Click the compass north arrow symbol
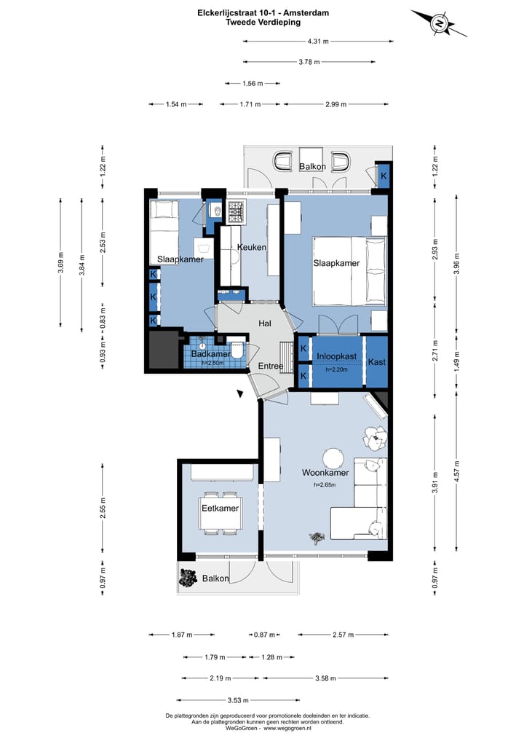coord(439,23)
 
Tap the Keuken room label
coord(252,247)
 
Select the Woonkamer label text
coord(325,473)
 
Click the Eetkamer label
coord(220,509)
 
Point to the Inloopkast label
coord(336,356)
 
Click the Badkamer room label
coord(210,354)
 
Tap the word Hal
coord(265,324)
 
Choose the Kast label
coord(377,362)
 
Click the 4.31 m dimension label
coord(318,42)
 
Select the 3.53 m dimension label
coord(238,700)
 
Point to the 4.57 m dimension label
coord(456,471)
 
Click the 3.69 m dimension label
coord(60,263)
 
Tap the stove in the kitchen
coord(236,212)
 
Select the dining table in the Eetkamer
coord(221,513)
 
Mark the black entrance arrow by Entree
coord(240,393)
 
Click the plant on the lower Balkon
coord(188,578)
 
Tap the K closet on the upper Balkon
coord(384,176)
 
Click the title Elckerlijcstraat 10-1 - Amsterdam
coord(263,13)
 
